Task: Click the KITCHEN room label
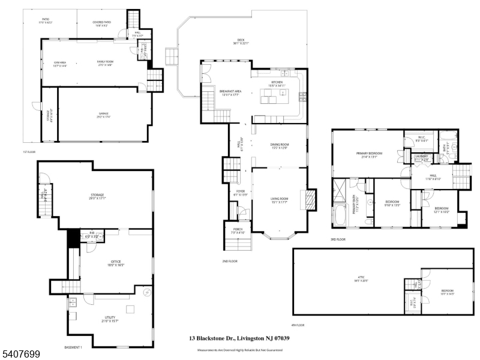277,82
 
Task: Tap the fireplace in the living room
311,200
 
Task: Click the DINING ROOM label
280,144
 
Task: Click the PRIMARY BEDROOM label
369,154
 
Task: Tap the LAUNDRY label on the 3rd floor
422,157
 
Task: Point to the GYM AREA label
59,62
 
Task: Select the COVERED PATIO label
101,23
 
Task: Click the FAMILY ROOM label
106,62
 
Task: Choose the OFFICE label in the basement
116,262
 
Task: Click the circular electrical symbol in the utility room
146,293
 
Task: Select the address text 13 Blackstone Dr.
211,338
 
